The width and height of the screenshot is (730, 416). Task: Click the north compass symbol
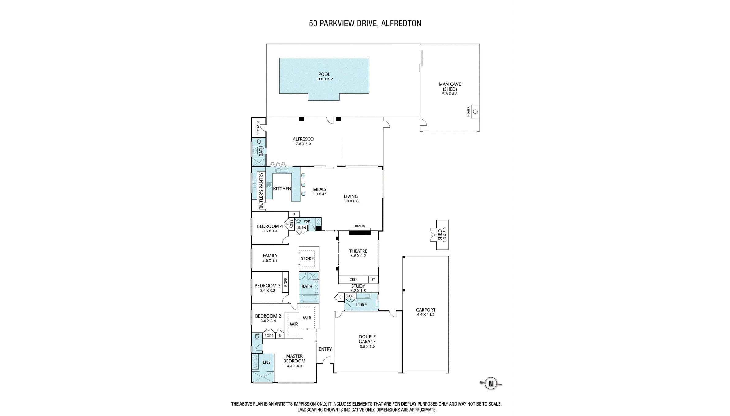491,383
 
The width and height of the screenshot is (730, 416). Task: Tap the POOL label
324,74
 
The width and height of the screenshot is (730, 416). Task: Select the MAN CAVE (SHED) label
450,87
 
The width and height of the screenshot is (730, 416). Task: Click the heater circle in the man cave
475,112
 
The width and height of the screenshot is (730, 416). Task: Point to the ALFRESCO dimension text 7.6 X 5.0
303,144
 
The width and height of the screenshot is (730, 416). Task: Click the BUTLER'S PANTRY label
261,191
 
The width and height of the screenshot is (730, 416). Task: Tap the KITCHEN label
282,189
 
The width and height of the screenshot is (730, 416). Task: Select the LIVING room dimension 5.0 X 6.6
351,201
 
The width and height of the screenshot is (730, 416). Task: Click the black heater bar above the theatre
360,233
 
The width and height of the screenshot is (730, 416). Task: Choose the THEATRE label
358,251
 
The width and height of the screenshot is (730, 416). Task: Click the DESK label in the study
353,280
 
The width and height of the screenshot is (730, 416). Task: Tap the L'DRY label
361,305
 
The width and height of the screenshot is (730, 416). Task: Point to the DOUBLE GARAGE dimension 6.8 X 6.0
367,347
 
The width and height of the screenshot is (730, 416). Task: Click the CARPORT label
426,310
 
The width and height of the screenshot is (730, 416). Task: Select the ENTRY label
325,349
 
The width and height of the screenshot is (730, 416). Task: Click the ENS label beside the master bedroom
266,362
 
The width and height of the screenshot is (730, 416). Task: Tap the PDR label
307,221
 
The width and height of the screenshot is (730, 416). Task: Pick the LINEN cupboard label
301,228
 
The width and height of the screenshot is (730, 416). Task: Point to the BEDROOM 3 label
267,286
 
